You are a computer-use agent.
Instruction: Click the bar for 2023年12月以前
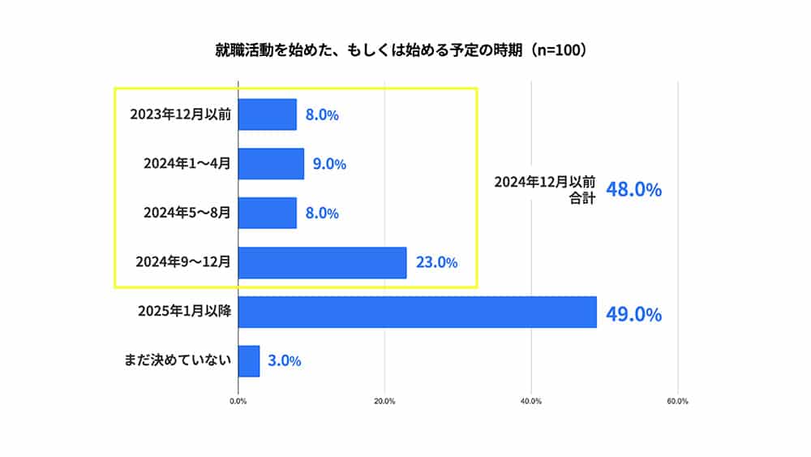pos(268,114)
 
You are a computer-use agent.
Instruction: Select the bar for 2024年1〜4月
pos(271,164)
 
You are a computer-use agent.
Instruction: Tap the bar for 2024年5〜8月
pos(268,213)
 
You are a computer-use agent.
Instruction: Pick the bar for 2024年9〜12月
pos(322,262)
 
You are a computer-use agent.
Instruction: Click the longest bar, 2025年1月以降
pos(417,313)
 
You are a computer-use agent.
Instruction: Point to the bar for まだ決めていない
pos(249,361)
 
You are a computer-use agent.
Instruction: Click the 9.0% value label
pos(329,164)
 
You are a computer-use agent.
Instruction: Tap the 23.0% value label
pos(436,262)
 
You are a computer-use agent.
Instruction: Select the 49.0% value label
pos(633,314)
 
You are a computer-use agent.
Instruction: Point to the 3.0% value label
pos(284,361)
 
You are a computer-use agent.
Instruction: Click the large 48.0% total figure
pos(633,190)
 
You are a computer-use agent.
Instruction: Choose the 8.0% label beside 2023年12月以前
pos(322,114)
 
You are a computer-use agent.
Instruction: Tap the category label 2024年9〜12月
pos(183,262)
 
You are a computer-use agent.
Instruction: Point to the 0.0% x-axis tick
pos(238,401)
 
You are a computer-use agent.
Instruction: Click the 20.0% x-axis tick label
pos(384,401)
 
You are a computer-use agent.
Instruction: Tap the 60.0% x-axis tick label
pos(677,401)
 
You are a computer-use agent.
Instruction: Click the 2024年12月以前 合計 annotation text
pos(545,189)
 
